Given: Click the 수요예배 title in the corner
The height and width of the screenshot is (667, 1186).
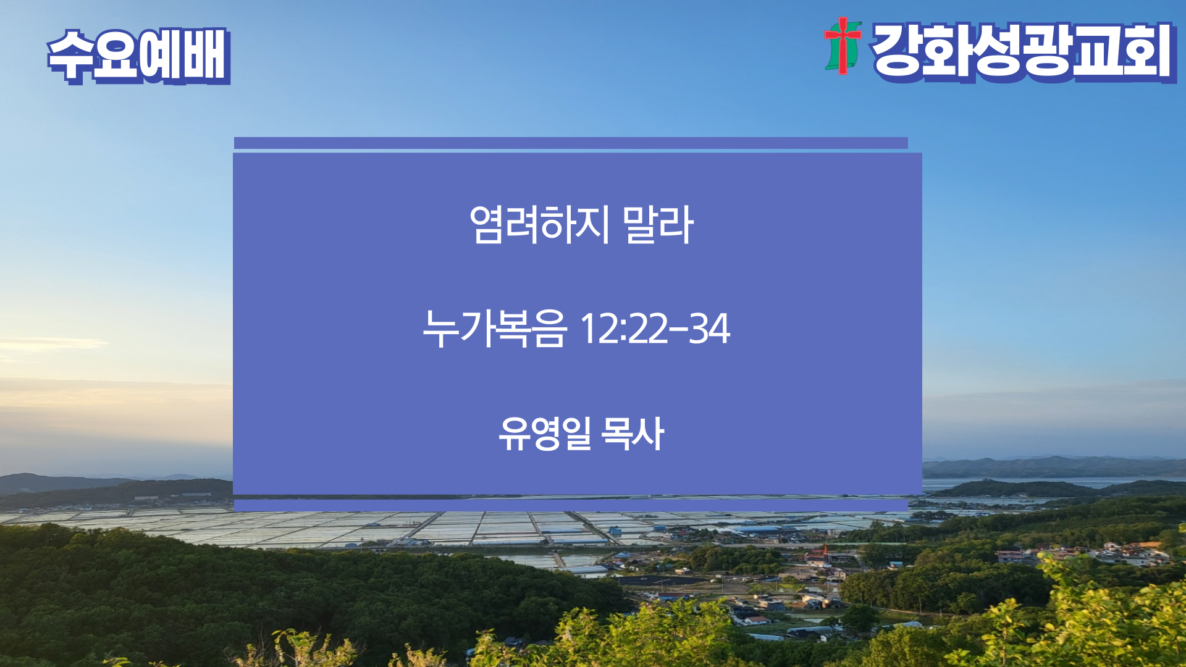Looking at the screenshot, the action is coord(139,56).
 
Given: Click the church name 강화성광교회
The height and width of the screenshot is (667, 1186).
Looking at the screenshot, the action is coord(1023,52).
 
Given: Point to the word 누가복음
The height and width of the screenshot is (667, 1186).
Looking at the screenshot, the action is coord(494,328).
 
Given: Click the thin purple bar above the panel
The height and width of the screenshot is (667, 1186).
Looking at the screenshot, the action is coord(571,143).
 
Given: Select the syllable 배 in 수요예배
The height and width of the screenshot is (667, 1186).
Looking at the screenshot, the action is coord(207,56).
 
